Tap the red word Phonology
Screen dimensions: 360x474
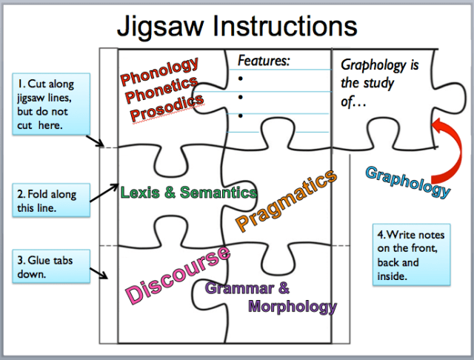click(160, 68)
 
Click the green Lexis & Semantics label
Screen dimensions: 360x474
click(189, 193)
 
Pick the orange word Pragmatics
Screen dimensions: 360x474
click(286, 200)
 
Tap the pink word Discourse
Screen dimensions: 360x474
click(177, 276)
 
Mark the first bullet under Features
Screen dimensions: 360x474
click(241, 77)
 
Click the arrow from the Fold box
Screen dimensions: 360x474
click(103, 191)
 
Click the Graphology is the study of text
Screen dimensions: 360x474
click(380, 83)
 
